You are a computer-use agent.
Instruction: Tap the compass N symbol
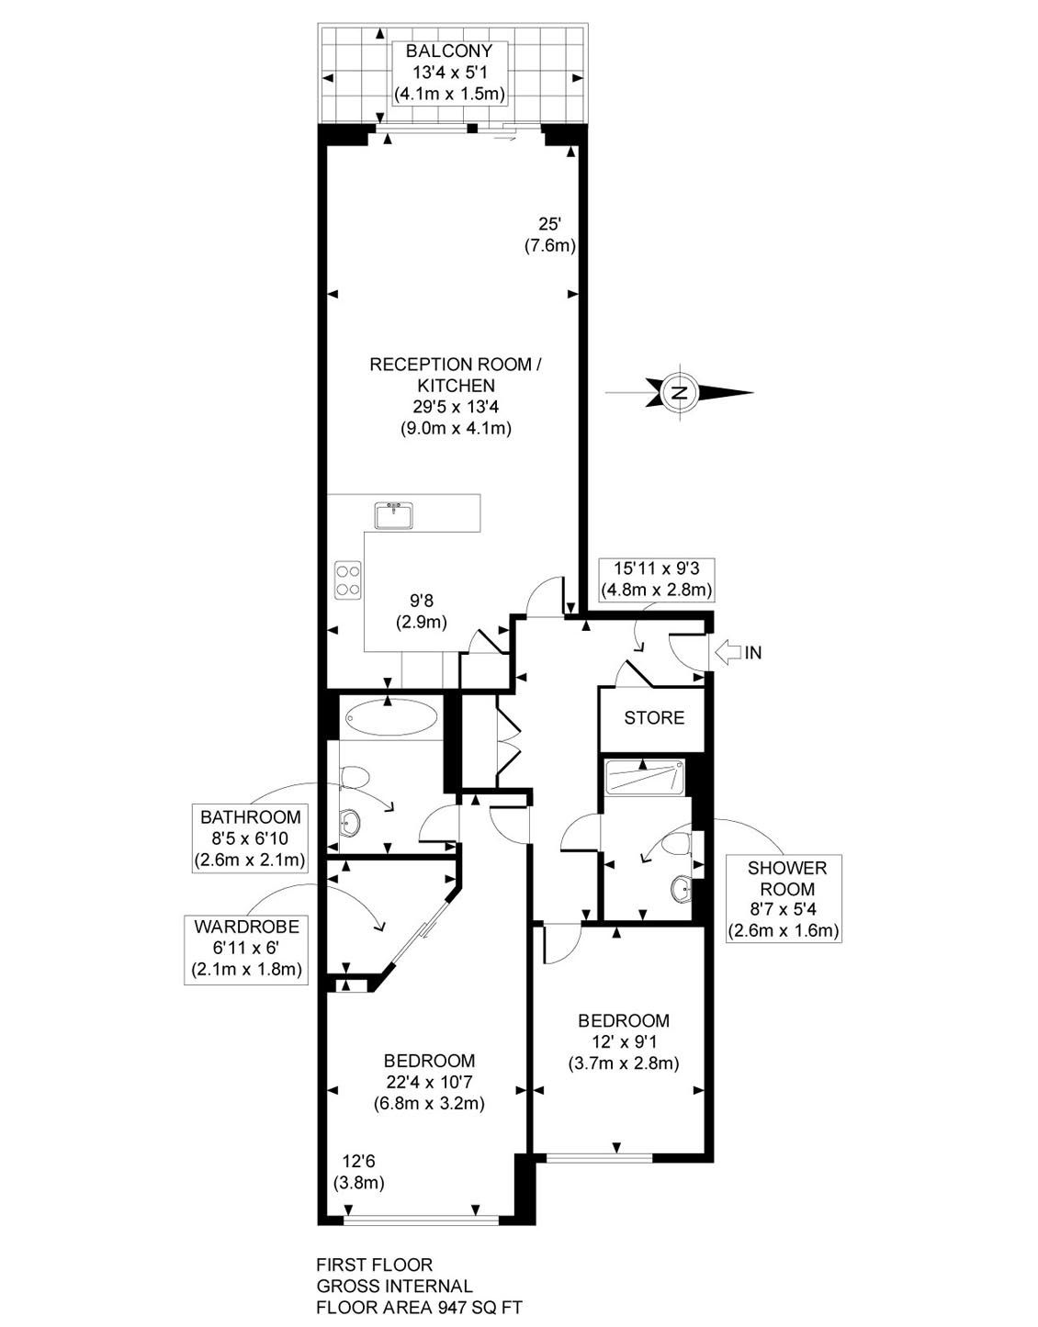click(680, 392)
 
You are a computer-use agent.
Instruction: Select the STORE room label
click(654, 717)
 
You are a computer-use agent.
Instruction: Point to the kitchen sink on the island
click(394, 514)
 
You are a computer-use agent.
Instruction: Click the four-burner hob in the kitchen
click(348, 579)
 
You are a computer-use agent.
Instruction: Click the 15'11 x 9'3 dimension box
click(656, 578)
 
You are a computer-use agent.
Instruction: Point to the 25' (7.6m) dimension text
click(549, 234)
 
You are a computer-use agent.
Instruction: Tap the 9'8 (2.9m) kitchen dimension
click(421, 611)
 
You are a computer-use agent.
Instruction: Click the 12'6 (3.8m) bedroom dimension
click(358, 1173)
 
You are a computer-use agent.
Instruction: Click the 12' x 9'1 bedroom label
click(623, 1042)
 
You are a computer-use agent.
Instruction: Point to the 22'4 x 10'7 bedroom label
click(429, 1082)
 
